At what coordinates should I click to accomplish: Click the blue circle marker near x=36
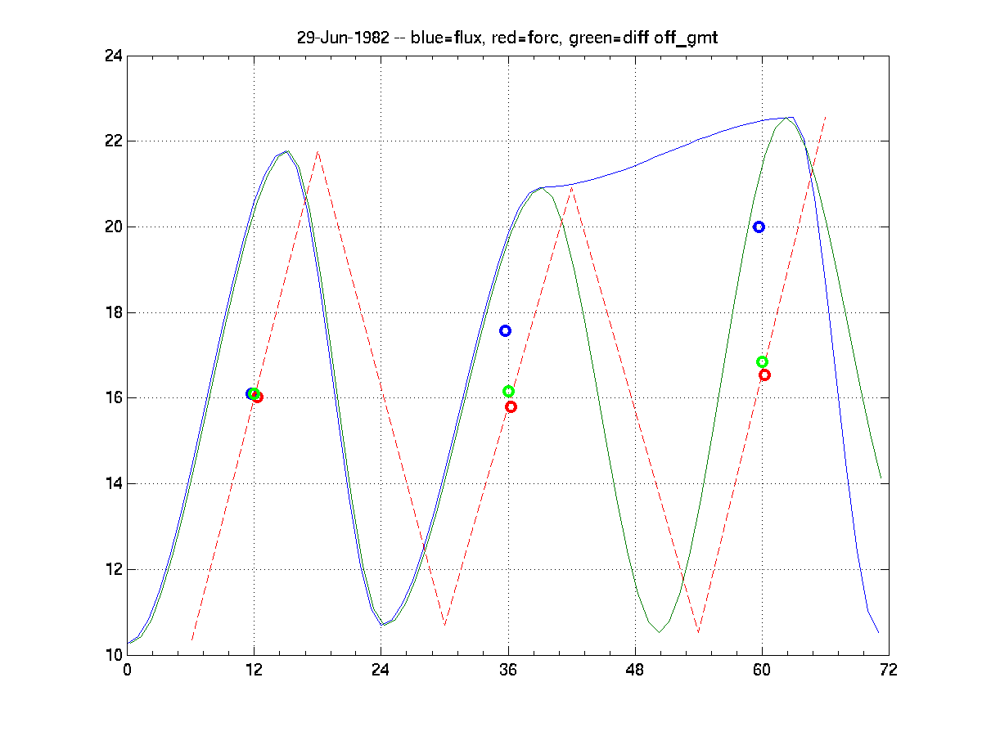click(505, 330)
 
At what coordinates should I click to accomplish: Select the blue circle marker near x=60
click(759, 227)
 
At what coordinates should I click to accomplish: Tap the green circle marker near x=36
click(508, 392)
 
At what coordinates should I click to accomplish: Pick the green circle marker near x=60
click(762, 362)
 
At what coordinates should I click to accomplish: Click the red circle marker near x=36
click(511, 406)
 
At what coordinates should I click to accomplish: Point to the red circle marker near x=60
click(764, 375)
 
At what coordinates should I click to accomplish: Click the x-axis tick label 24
click(381, 670)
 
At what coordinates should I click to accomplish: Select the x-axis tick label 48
click(635, 670)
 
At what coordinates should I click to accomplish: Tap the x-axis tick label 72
click(889, 670)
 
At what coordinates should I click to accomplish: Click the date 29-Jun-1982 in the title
click(343, 38)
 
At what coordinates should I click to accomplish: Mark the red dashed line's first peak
click(318, 152)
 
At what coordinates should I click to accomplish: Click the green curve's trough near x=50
click(659, 631)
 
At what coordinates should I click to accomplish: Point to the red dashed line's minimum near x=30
click(444, 625)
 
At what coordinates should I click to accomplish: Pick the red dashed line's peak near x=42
click(571, 188)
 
